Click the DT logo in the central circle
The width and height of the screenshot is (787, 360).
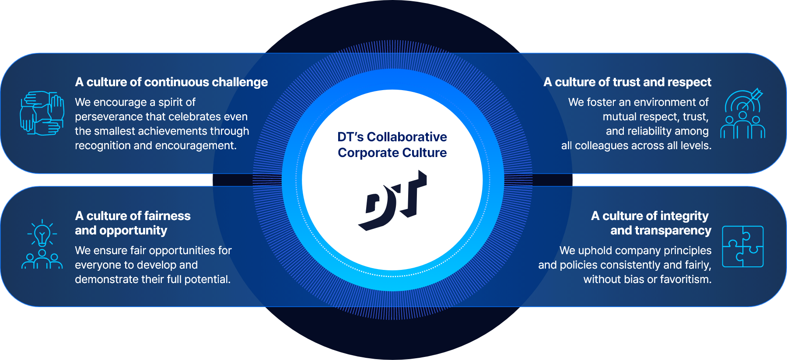(x=392, y=200)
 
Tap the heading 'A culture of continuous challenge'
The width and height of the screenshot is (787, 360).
(x=171, y=82)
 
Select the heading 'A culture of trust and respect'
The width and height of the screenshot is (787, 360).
(x=627, y=82)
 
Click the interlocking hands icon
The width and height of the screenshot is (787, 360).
(x=42, y=113)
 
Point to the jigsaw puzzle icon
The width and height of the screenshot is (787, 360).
(x=742, y=246)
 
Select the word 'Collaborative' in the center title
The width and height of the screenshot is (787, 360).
(x=407, y=137)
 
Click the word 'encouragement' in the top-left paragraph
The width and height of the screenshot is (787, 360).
(x=199, y=146)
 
